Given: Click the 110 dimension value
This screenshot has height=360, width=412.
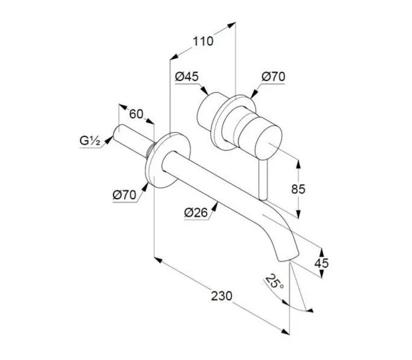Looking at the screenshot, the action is coord(203,41).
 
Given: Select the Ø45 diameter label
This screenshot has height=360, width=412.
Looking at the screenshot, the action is coord(187,77).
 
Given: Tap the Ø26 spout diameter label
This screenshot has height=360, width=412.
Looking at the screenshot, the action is coord(196,212).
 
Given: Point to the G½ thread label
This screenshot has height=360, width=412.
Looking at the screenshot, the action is coord(89,141).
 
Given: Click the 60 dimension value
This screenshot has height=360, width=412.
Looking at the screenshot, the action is coord(136,114).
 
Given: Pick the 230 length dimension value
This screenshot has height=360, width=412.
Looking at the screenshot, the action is coord(222,296).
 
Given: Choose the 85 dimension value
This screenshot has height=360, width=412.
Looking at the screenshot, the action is coord(298,189).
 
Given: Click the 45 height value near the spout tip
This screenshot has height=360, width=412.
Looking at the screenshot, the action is coord(322,263).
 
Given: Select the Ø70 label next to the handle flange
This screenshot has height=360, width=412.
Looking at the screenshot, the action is coord(273,77).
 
